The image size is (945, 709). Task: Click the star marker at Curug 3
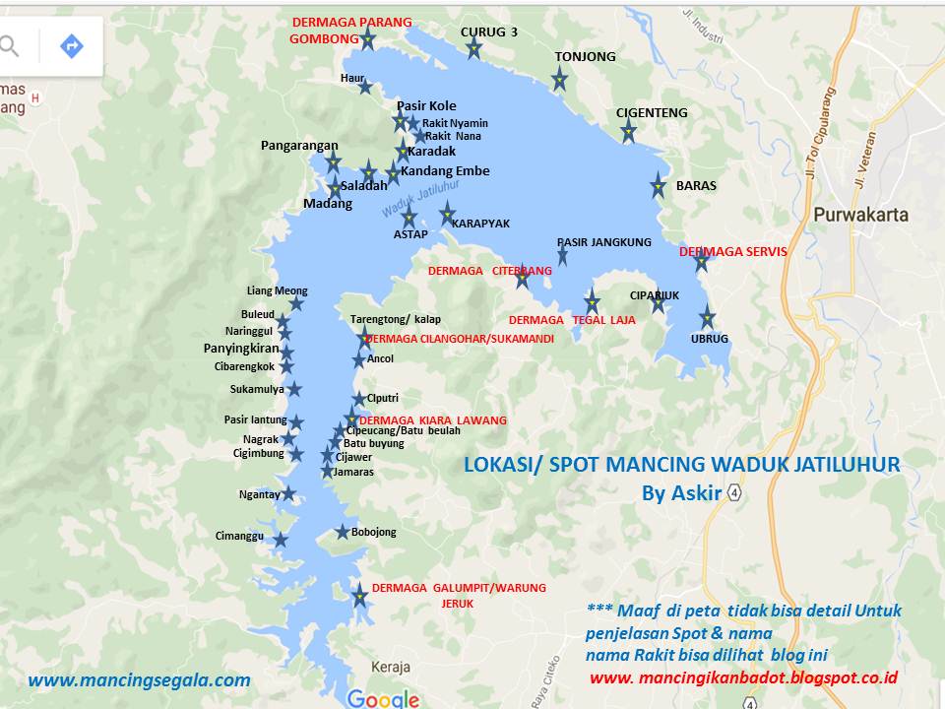pos(473,48)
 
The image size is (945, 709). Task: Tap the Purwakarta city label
pos(860,215)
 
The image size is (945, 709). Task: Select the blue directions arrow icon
pos(71,45)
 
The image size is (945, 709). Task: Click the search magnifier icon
pos(8,45)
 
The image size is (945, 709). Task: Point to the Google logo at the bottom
pos(383,698)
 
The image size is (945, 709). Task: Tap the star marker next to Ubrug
pos(707,317)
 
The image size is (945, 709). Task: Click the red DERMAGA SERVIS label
pos(732,251)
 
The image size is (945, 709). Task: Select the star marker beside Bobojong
pos(343,532)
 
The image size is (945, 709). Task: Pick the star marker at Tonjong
pos(559,79)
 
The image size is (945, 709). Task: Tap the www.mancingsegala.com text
pos(139,679)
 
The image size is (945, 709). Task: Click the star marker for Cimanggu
pos(281,539)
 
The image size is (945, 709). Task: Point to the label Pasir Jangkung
pos(603,241)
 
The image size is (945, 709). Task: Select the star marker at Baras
pos(659,185)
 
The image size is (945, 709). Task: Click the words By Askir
pos(681,492)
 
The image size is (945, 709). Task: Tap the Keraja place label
pos(392,667)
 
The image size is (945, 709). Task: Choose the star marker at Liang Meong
pos(296,303)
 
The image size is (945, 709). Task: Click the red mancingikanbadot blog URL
pos(743,677)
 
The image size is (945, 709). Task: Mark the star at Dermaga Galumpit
pos(360,596)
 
